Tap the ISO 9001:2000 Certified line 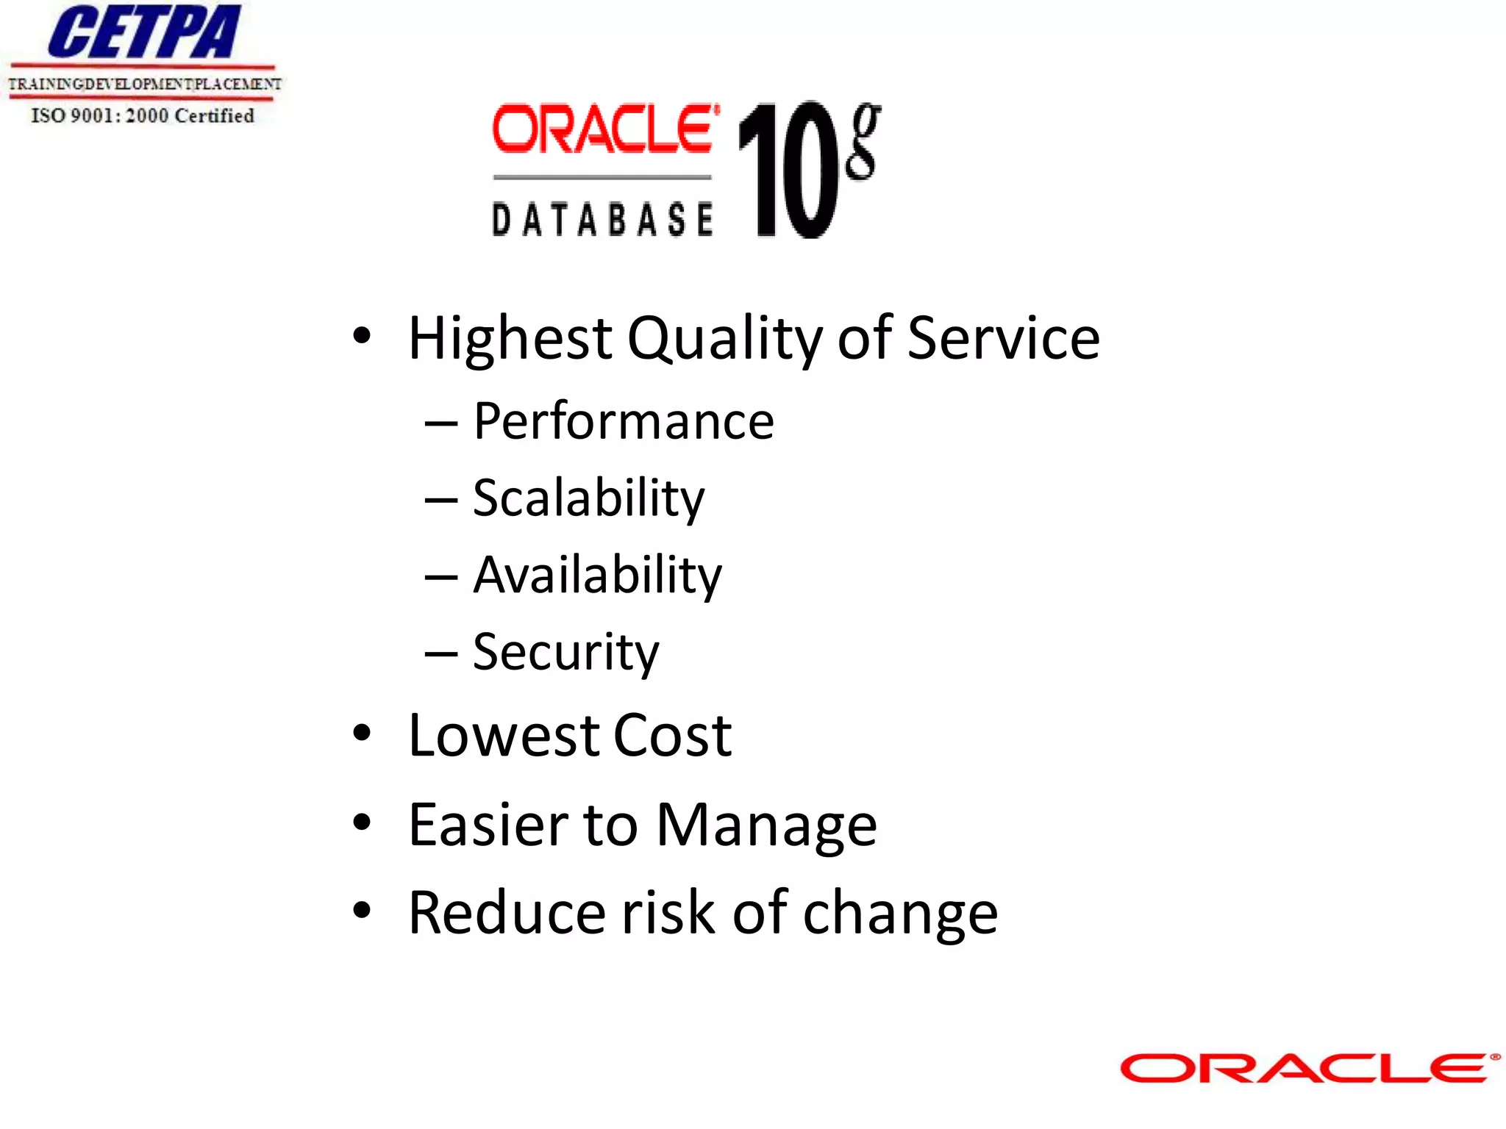(143, 115)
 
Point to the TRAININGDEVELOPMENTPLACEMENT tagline (144, 84)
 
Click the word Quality (724, 340)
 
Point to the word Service (1003, 338)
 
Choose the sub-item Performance (624, 422)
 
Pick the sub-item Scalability (588, 499)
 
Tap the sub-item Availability (597, 576)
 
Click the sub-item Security (565, 653)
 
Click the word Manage (766, 825)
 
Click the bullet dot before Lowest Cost (362, 733)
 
